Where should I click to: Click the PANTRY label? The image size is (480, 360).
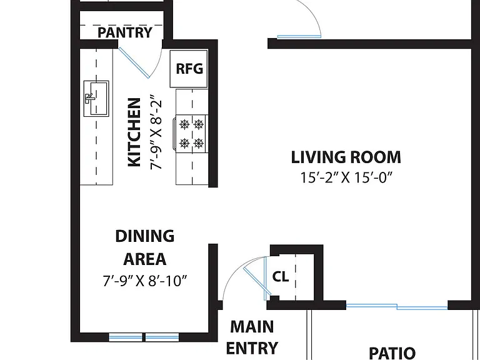coord(124,32)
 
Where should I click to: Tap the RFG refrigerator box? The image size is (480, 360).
coord(189,69)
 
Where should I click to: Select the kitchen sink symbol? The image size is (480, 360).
coord(96,99)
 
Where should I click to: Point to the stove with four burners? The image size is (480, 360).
coord(191,134)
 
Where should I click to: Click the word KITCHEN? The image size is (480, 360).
coord(134,132)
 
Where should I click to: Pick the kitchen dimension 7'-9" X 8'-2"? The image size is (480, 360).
coord(156,134)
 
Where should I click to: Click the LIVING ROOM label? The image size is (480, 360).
coord(346,157)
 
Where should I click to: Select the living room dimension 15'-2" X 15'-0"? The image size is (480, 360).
coord(346,177)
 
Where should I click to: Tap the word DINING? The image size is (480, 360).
coord(145,236)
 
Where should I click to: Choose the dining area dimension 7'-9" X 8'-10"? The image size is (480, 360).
coord(145,281)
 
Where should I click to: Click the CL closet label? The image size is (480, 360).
coord(281,277)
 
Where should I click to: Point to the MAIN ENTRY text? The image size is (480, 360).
coord(252,337)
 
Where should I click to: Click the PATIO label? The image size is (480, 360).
coord(392,353)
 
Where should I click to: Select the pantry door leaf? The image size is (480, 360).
coord(134,62)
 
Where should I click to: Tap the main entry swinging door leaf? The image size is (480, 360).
coord(257,281)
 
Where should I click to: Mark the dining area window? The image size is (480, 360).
coord(144,337)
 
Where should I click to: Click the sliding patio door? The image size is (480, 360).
coord(397,306)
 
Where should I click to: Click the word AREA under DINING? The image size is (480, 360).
coord(145,259)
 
